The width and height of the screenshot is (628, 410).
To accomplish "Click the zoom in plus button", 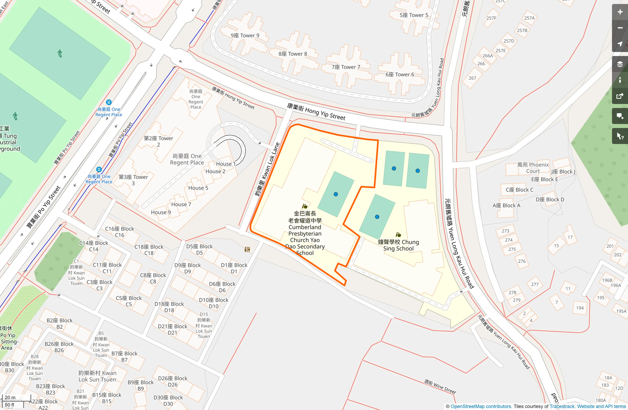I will (x=620, y=12).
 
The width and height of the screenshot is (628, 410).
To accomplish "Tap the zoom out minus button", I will (x=620, y=28).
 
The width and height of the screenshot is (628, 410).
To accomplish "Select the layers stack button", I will (x=620, y=64).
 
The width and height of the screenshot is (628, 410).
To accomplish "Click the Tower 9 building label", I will (x=245, y=35).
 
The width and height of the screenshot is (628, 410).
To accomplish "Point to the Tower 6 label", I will (x=400, y=74).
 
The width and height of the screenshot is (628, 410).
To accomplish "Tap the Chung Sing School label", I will (x=398, y=245).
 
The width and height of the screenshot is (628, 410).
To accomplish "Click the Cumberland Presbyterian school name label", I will (x=305, y=233).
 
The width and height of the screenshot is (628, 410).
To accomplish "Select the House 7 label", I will (x=181, y=204).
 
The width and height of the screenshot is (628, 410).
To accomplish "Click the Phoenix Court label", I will (x=533, y=168).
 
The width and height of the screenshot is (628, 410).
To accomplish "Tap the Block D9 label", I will (x=188, y=268).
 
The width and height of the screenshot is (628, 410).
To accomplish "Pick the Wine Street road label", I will (x=440, y=386).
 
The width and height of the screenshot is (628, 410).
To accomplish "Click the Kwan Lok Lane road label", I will (x=267, y=169).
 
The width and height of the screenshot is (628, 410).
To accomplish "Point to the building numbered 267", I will (x=472, y=78).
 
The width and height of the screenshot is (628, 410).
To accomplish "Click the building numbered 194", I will (x=580, y=308).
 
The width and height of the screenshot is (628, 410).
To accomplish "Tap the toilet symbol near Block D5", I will (x=247, y=249).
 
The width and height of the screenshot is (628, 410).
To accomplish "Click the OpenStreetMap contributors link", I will (x=481, y=406).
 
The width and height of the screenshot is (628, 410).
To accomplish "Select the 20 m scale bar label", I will (x=10, y=397).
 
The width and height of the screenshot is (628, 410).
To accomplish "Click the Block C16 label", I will (x=119, y=232).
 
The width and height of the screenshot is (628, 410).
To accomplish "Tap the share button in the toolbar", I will (x=620, y=96).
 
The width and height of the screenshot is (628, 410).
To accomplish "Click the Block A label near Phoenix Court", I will (x=506, y=205).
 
